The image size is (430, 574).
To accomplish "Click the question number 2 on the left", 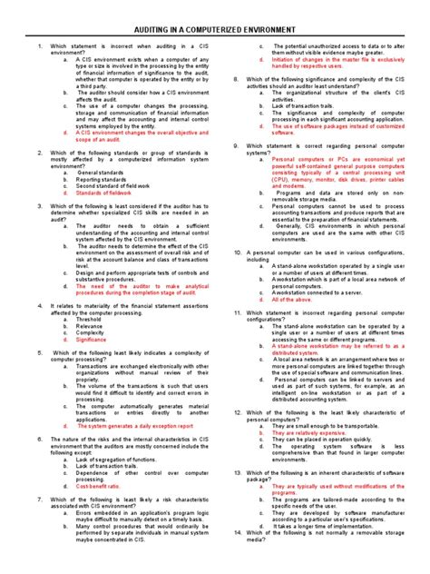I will click(x=29, y=153).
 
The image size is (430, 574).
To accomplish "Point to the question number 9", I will click(x=235, y=146).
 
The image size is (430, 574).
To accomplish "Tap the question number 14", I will click(x=236, y=558).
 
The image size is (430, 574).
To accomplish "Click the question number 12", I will click(x=236, y=412).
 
